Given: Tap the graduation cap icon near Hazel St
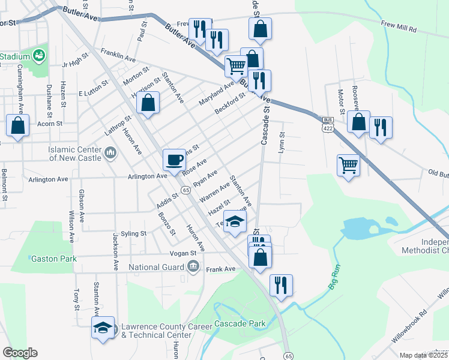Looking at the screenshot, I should [x=235, y=221].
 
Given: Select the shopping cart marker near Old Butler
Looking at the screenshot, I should [x=348, y=164].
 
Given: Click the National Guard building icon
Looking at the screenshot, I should [x=193, y=266].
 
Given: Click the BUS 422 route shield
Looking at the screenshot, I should [x=327, y=124].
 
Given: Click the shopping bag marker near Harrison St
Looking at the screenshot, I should [x=148, y=103].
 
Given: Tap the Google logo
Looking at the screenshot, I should [x=20, y=353].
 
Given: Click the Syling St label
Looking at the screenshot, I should [x=133, y=233].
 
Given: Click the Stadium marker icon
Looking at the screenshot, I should [x=40, y=56].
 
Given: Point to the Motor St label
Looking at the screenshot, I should [x=341, y=102].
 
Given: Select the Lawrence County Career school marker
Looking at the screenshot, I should [x=102, y=328].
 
